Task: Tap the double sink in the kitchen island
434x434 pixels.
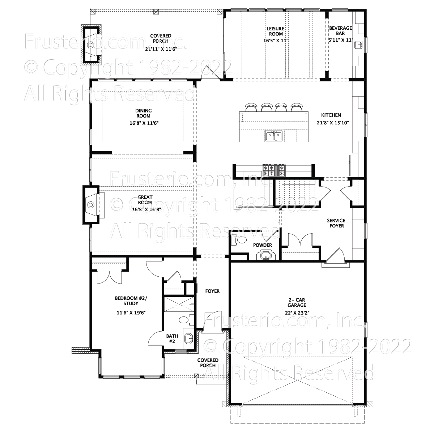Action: point(274,136)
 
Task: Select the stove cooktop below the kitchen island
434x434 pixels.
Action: point(274,170)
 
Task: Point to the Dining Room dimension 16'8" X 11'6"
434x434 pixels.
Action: point(144,123)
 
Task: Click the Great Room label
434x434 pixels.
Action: point(145,200)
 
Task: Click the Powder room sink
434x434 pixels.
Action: point(266,256)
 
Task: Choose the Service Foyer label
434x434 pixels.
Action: point(336,223)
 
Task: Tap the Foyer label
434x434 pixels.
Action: point(212,291)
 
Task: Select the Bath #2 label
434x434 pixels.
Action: point(172,339)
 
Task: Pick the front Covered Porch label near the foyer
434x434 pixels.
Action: point(208,363)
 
